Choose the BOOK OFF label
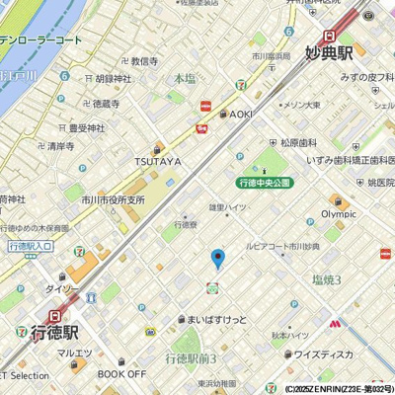(121, 374)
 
